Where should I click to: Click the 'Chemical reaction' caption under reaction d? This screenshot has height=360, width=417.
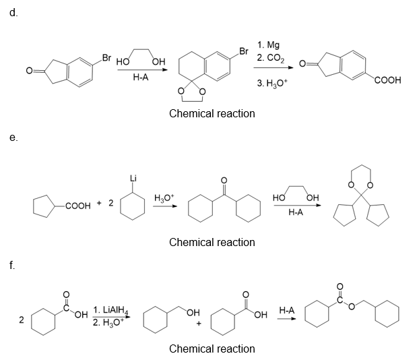(212, 113)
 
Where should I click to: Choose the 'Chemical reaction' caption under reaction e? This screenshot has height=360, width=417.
(212, 242)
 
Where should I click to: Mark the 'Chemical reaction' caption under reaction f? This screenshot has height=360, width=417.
(212, 349)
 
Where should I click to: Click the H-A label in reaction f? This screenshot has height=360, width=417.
(286, 310)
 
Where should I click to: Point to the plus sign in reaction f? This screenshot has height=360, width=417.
(199, 324)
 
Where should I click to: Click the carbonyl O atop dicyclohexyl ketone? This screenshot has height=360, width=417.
(225, 180)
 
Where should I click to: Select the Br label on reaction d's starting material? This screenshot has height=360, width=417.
(106, 57)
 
